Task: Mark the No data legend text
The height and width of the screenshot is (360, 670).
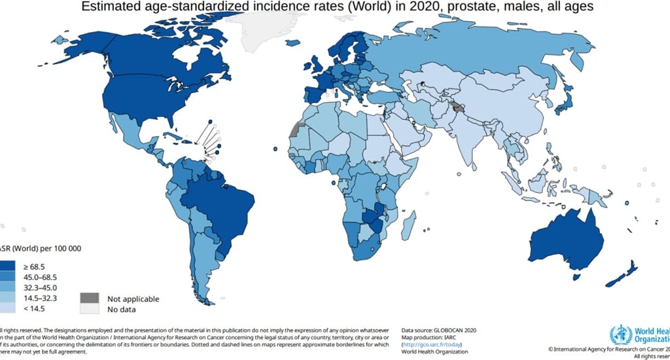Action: pos(122,310)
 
